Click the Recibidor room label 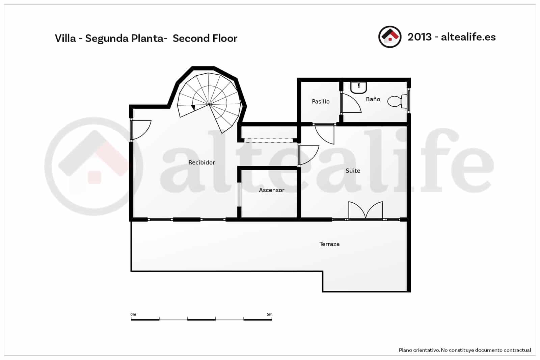pyautogui.click(x=201, y=162)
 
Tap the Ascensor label pyautogui.click(x=271, y=190)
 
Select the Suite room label pyautogui.click(x=353, y=171)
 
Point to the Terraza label pyautogui.click(x=329, y=244)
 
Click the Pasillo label pyautogui.click(x=320, y=101)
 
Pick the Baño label pyautogui.click(x=373, y=99)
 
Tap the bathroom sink pyautogui.click(x=358, y=87)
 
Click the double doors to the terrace pyautogui.click(x=366, y=211)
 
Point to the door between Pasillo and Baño pyautogui.click(x=350, y=103)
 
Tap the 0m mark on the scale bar pyautogui.click(x=133, y=314)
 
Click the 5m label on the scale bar pyautogui.click(x=269, y=314)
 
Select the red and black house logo pyautogui.click(x=390, y=37)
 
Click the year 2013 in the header pyautogui.click(x=420, y=37)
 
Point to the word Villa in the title pyautogui.click(x=65, y=38)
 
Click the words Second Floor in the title pyautogui.click(x=205, y=38)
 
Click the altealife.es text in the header pyautogui.click(x=468, y=37)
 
